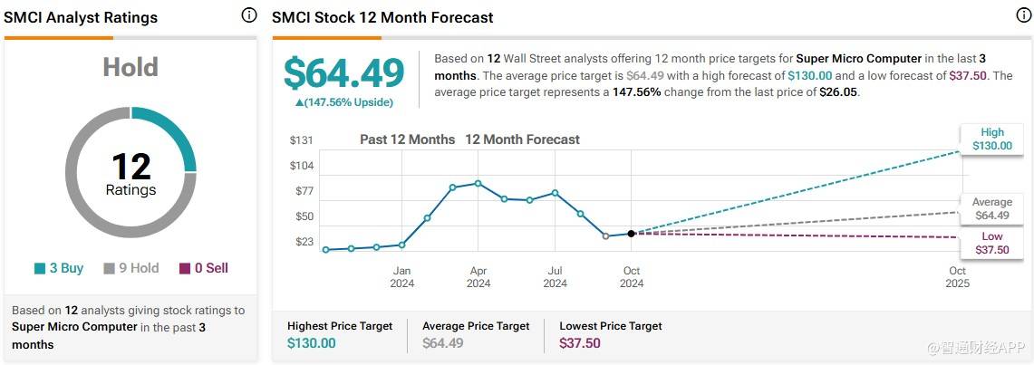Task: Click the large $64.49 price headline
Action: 343,73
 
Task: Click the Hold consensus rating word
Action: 130,68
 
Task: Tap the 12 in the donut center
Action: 130,166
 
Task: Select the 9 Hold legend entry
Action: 130,268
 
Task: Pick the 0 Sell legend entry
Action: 203,268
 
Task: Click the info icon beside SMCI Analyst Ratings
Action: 249,16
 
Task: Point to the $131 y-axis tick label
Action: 301,139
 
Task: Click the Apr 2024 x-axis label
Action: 478,277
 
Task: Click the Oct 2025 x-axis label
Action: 957,277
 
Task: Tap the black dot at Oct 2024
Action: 632,234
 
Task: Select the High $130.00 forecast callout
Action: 991,139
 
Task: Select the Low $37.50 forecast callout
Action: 991,243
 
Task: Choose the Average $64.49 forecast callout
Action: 991,209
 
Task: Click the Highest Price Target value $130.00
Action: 311,343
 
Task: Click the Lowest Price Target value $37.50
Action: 580,343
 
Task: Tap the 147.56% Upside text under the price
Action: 343,102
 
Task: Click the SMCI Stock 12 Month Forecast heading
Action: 382,17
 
